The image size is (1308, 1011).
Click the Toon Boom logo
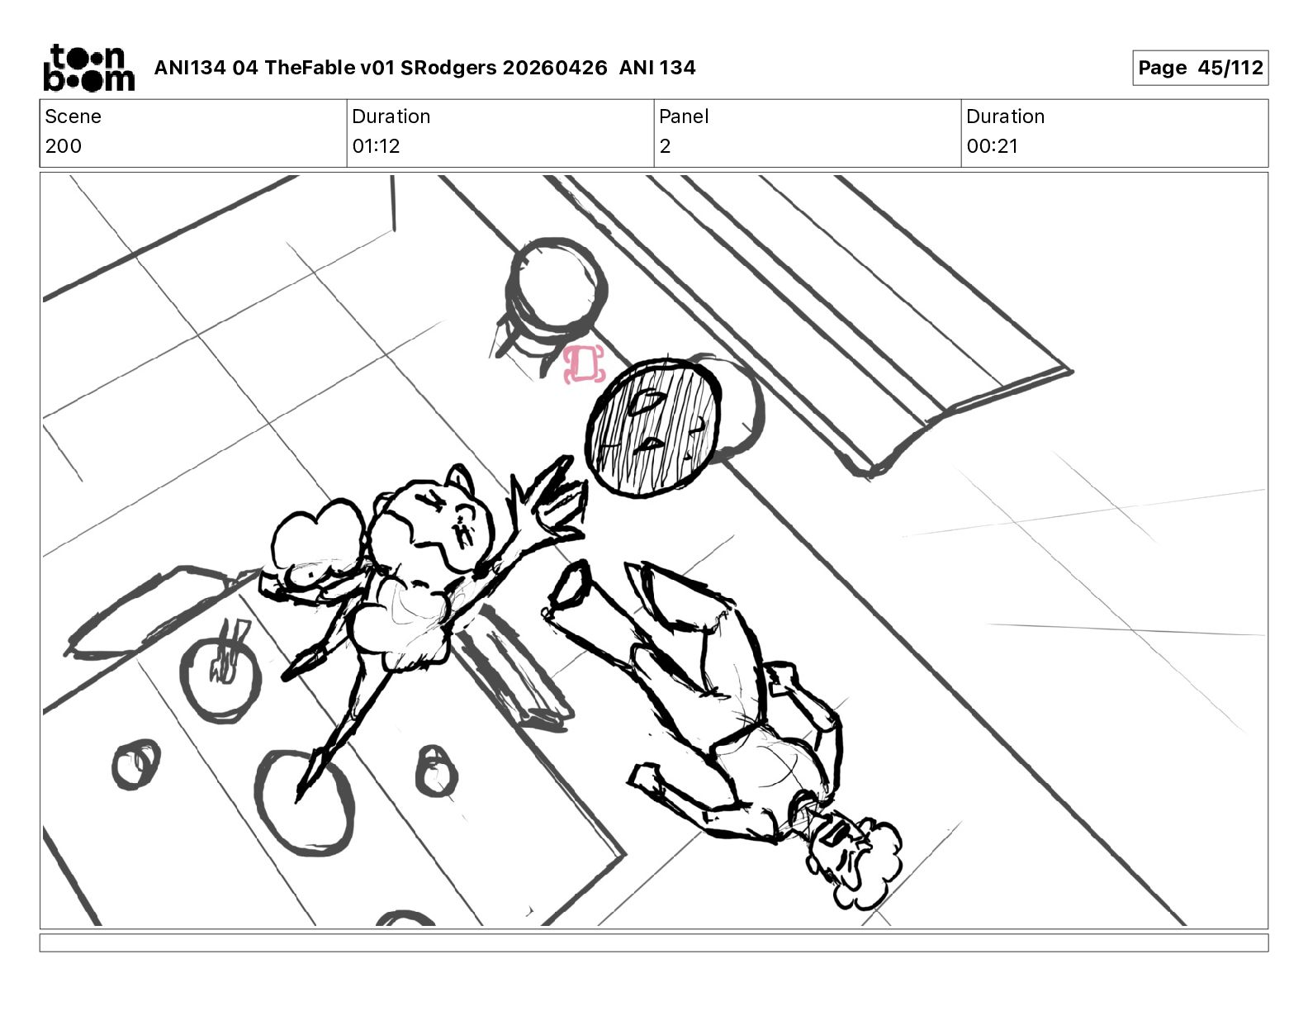(89, 68)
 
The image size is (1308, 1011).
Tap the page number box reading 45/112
(1201, 68)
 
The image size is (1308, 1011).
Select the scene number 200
(64, 145)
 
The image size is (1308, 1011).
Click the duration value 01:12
(377, 145)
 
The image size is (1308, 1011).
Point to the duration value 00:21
(992, 145)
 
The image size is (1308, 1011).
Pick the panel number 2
(665, 145)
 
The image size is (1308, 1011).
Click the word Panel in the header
(684, 116)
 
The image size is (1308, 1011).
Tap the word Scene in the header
(73, 116)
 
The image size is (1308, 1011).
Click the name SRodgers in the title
(448, 68)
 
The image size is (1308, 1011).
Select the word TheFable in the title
(310, 68)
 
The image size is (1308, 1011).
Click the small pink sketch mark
(584, 364)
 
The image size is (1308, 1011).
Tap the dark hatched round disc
(654, 428)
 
